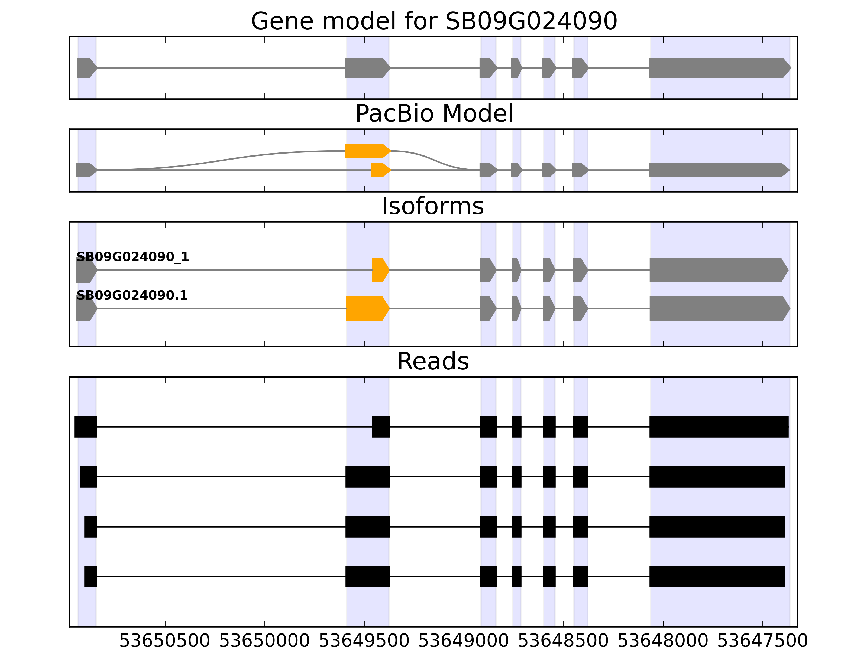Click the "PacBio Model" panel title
pyautogui.click(x=434, y=114)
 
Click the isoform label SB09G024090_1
pyautogui.click(x=132, y=257)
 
